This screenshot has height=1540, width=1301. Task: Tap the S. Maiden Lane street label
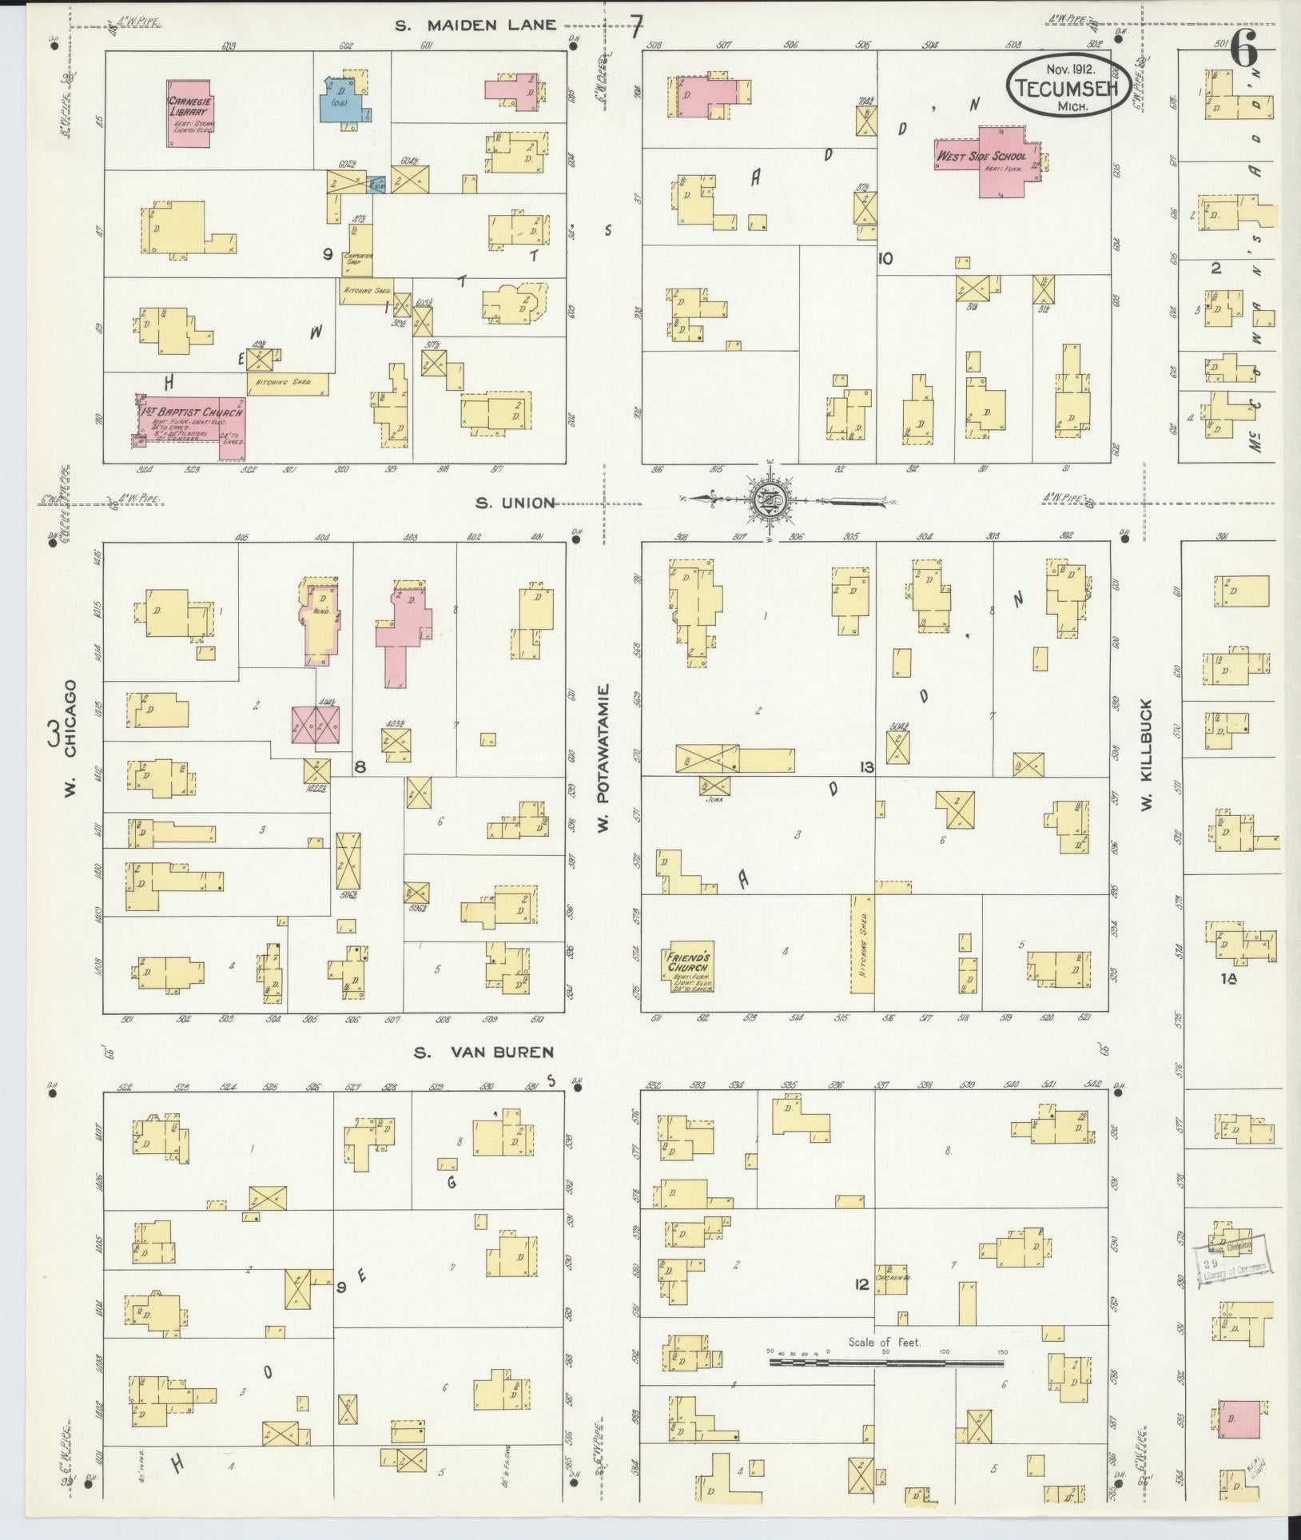pos(476,25)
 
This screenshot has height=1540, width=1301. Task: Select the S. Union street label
pos(515,503)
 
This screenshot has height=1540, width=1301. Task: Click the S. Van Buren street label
pos(484,1052)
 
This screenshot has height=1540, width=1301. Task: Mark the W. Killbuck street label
pos(1146,754)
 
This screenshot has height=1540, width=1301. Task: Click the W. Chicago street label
pos(70,727)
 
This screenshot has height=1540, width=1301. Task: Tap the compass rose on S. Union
pos(770,501)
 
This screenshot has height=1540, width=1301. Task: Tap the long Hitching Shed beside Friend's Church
pos(862,943)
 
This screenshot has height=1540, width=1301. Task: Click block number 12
pos(861,1285)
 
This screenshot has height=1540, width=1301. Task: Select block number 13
pos(865,768)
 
